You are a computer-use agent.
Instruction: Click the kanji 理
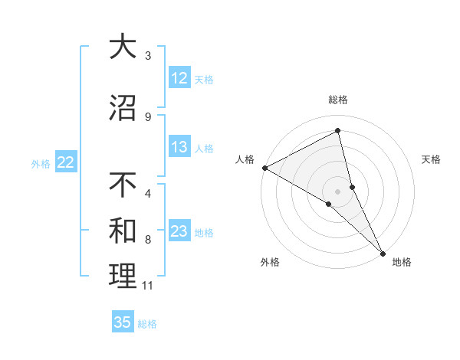tap(123, 276)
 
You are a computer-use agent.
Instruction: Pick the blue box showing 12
tap(179, 78)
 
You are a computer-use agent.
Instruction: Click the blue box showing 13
tap(179, 147)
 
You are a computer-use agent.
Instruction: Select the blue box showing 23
tap(179, 231)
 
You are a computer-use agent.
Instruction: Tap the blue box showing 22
tap(66, 162)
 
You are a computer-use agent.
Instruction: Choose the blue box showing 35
tap(123, 322)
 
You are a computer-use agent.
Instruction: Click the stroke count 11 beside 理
tap(148, 286)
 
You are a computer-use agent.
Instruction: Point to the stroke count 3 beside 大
tap(148, 56)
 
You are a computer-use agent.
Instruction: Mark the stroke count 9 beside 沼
tap(148, 116)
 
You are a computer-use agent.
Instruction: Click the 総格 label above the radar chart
tap(338, 100)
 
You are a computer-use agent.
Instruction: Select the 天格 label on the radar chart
tap(432, 159)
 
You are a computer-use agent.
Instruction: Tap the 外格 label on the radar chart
tap(270, 263)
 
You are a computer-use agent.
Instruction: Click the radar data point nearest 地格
tap(383, 251)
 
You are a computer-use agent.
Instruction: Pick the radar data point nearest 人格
tap(264, 167)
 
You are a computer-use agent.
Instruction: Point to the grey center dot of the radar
tap(338, 191)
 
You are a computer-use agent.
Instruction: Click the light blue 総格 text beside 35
tap(147, 323)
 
